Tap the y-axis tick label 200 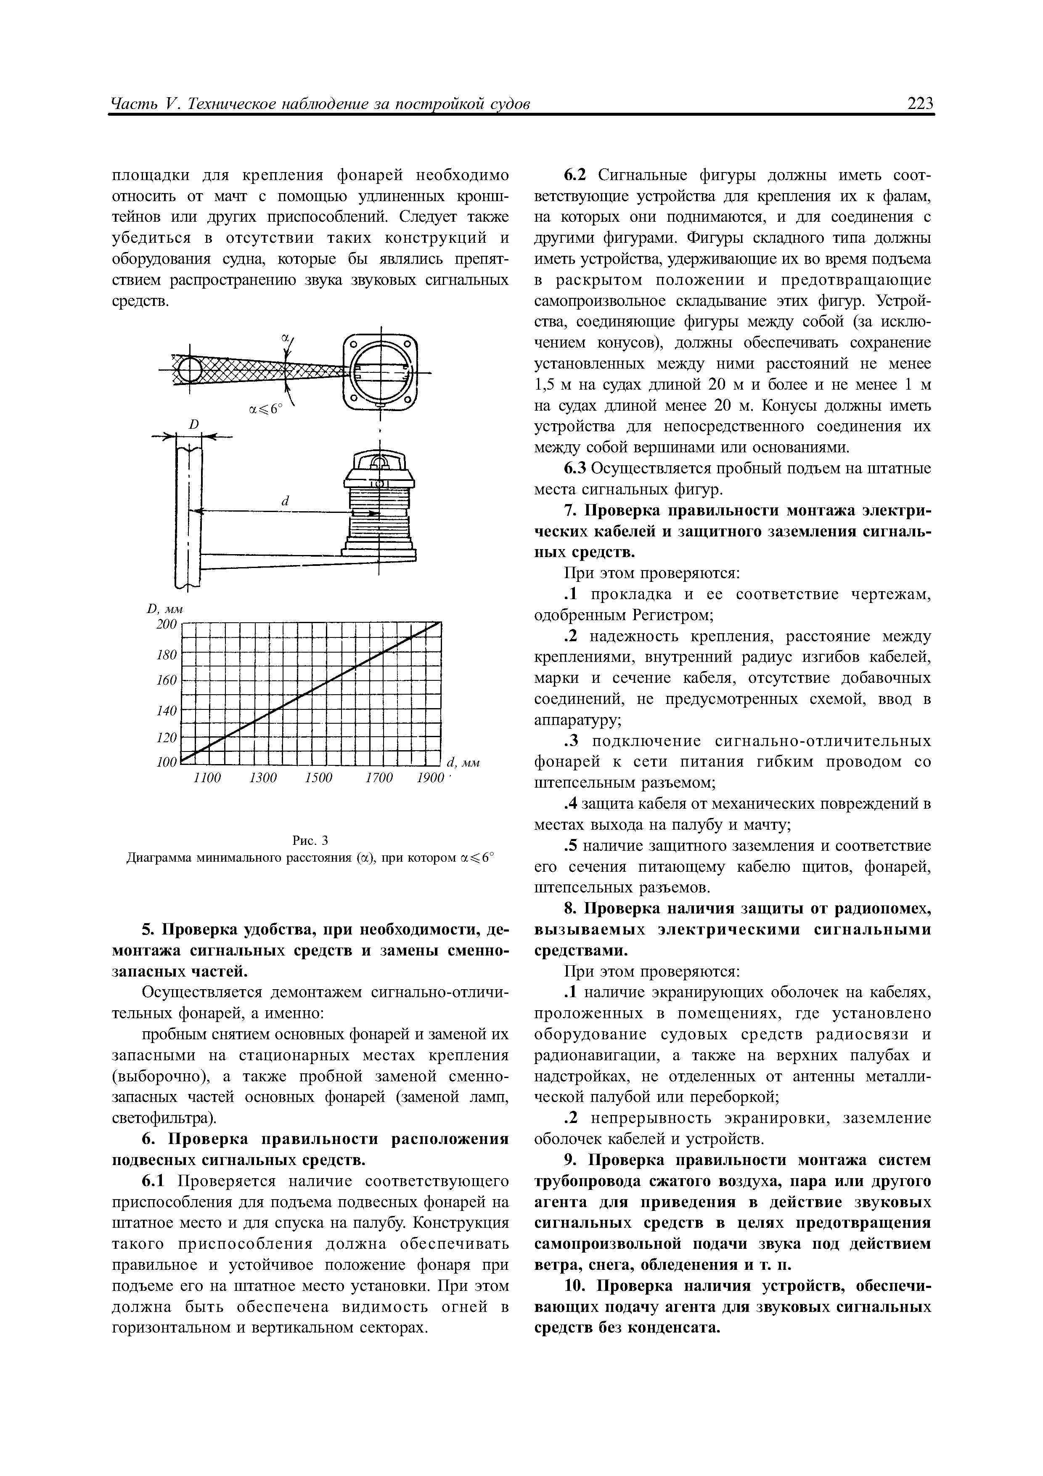(x=167, y=624)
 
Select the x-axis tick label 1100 (x=207, y=778)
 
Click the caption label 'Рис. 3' (x=310, y=841)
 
